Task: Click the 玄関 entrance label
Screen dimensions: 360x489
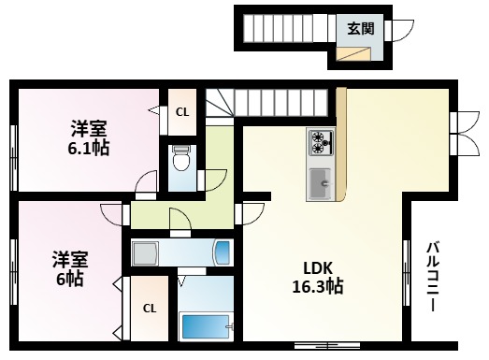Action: click(361, 28)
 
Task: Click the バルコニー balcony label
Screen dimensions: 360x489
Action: click(435, 277)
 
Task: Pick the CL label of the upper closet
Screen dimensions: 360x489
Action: click(182, 112)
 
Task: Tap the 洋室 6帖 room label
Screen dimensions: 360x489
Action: click(69, 267)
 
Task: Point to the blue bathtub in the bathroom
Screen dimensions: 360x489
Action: click(205, 327)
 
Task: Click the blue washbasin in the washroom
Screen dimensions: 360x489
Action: click(222, 253)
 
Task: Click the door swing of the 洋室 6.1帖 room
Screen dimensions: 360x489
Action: click(145, 184)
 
